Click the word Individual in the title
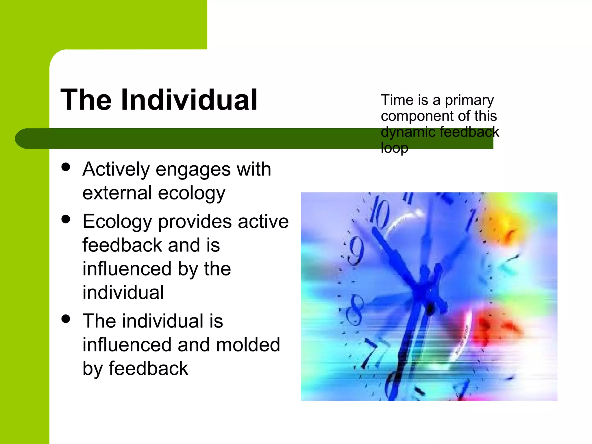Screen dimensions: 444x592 (189, 100)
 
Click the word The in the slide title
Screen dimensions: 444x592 (86, 100)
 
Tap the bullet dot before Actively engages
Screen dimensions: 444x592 (66, 167)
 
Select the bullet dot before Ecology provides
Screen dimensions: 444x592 (66, 219)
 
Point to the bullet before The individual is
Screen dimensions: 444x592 (66, 319)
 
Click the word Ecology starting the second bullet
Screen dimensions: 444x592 (117, 222)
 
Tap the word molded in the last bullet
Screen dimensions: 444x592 (248, 345)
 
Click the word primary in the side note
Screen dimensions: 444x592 (469, 101)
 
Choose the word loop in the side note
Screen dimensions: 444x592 (394, 148)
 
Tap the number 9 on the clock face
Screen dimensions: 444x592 (355, 250)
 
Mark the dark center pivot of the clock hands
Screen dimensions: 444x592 (430, 309)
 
